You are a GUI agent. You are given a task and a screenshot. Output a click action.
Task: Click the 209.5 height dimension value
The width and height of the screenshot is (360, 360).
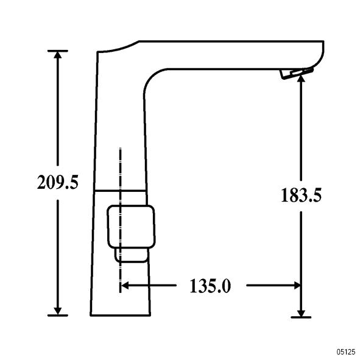click(x=58, y=182)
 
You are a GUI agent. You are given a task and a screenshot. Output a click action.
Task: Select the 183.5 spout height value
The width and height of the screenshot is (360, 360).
click(x=301, y=195)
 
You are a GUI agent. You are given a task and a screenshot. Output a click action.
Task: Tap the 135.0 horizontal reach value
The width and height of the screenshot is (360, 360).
click(x=210, y=286)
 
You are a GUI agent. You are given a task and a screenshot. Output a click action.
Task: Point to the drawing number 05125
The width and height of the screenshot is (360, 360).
click(x=346, y=352)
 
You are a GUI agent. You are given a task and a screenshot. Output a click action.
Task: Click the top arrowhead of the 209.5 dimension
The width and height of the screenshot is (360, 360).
click(x=58, y=54)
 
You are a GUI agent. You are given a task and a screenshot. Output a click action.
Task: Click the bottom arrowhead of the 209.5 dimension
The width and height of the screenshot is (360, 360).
click(x=58, y=311)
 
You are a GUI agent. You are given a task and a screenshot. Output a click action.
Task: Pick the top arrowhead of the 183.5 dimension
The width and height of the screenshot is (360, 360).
click(x=301, y=79)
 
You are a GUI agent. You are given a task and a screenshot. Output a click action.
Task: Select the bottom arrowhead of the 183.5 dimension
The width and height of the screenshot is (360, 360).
click(x=301, y=313)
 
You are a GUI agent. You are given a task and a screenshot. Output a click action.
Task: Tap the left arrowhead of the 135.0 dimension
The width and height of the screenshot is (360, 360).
click(x=124, y=286)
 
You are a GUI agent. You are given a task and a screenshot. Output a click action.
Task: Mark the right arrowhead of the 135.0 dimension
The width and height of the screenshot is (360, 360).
click(x=297, y=286)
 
